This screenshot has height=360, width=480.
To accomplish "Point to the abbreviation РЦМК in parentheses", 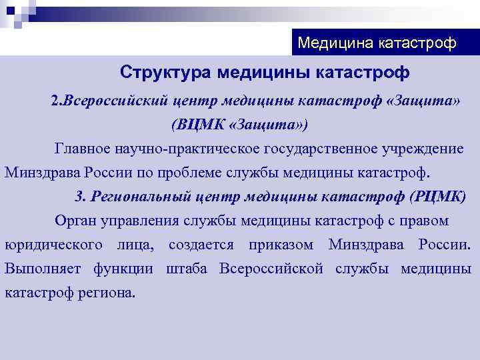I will tap(436, 197).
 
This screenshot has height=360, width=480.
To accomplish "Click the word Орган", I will tap(74, 221).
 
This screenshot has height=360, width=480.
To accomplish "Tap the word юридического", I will tap(53, 245).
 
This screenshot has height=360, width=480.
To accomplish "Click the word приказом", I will tap(281, 245).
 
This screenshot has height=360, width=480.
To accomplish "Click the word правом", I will tap(423, 221).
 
